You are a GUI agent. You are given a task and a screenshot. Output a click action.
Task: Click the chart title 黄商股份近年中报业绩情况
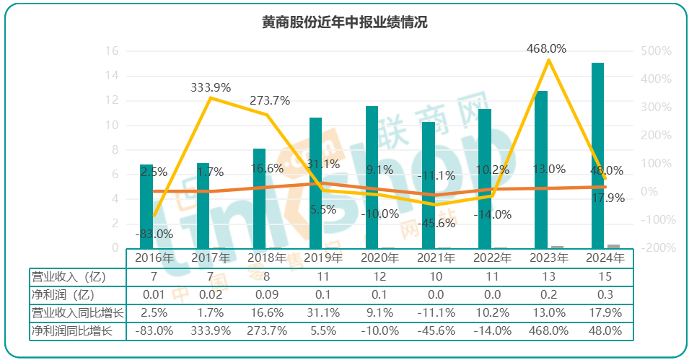pos(344,22)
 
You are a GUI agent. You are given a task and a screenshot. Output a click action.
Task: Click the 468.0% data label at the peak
pos(546,48)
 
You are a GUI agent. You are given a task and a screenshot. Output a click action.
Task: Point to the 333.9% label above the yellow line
pos(211,87)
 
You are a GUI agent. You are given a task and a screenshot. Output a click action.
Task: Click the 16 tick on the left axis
pos(112,51)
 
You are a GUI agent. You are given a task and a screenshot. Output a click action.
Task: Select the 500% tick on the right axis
pos(656,51)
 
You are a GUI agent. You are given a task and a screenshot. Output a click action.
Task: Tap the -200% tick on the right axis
pos(656,248)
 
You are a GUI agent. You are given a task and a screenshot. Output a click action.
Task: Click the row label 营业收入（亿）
pos(69,276)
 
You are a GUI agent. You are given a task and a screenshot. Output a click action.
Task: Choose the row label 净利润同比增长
pos(72,330)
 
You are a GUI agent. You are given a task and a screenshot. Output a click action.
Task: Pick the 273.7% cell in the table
pos(266,330)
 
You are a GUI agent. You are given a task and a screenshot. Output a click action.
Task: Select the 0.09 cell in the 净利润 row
pos(266,294)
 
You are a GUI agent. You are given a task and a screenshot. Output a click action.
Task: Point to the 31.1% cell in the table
pos(322,312)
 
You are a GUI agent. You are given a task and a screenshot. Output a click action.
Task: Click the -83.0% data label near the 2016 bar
pos(154,234)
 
